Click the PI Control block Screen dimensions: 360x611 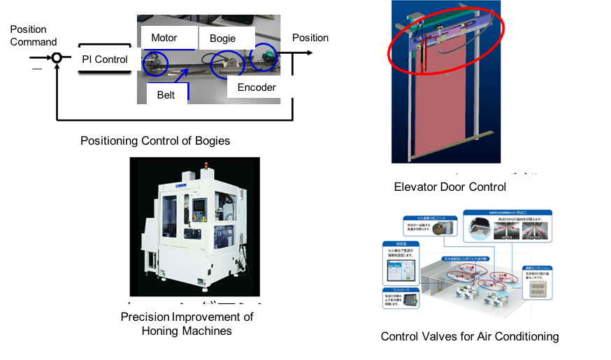click(x=105, y=59)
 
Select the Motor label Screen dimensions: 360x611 click(x=164, y=38)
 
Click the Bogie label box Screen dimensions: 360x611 click(x=222, y=38)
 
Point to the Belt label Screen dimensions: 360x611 click(x=166, y=94)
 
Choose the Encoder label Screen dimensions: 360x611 click(x=256, y=87)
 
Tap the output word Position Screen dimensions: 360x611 click(x=310, y=38)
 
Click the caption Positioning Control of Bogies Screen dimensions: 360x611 click(x=155, y=141)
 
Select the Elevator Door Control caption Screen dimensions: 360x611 click(x=450, y=187)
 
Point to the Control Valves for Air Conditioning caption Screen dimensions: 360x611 click(x=470, y=336)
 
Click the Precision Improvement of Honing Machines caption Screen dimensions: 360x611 click(x=187, y=324)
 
